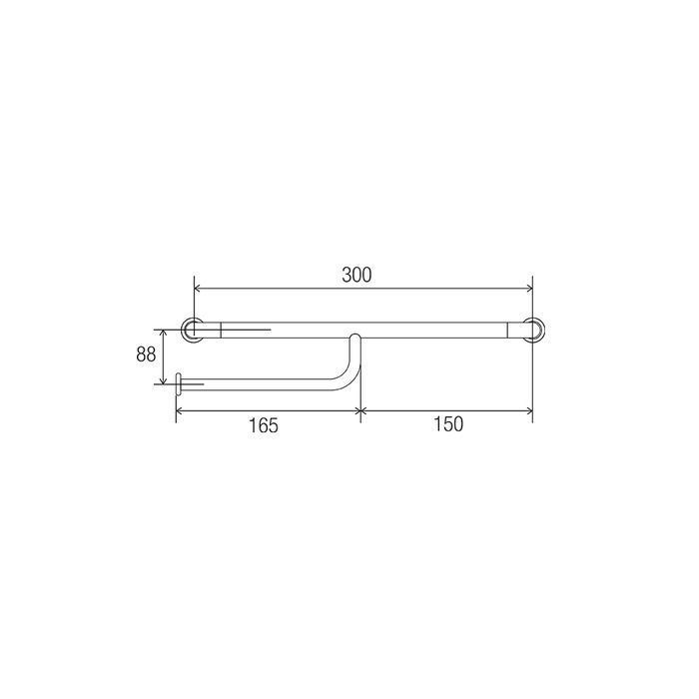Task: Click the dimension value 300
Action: click(356, 275)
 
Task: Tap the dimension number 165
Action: click(263, 425)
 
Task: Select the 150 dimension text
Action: click(448, 424)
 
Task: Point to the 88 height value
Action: click(146, 354)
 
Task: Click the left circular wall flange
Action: click(183, 330)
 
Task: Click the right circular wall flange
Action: click(542, 330)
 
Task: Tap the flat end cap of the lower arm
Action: click(179, 384)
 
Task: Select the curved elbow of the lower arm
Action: click(350, 378)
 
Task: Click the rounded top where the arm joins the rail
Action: click(355, 335)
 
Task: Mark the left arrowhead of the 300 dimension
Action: click(197, 289)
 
